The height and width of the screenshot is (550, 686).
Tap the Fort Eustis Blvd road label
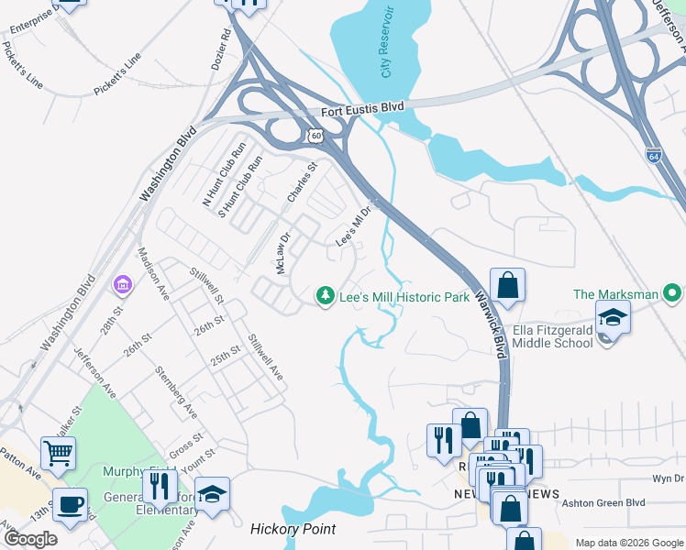point(362,109)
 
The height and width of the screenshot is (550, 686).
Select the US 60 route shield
point(316,136)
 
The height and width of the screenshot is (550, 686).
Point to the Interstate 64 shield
point(653,155)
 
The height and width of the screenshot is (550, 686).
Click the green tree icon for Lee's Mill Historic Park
point(324,295)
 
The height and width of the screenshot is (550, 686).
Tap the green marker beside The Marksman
point(673,293)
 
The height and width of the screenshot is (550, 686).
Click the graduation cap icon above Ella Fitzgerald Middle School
point(613,318)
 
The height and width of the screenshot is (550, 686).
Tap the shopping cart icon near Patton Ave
point(58,452)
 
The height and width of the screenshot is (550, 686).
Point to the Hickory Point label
point(293,529)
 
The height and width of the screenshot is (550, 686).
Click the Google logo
point(29,539)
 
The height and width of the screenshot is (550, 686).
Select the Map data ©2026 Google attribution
point(627,543)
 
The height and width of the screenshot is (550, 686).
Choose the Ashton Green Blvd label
point(603,502)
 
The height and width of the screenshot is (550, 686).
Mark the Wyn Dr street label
point(667,478)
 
